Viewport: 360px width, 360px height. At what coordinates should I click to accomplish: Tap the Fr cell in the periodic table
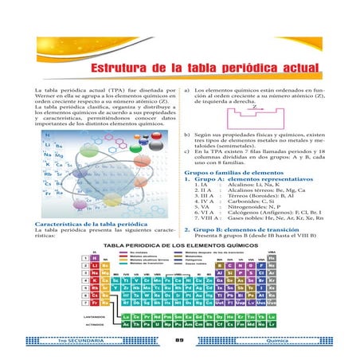click(x=94, y=303)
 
